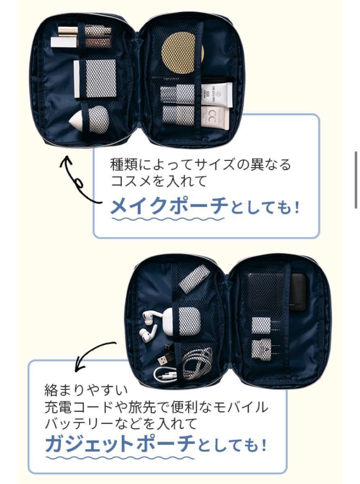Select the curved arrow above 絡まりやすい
[x=94, y=355]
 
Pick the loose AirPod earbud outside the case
[x=148, y=334]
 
